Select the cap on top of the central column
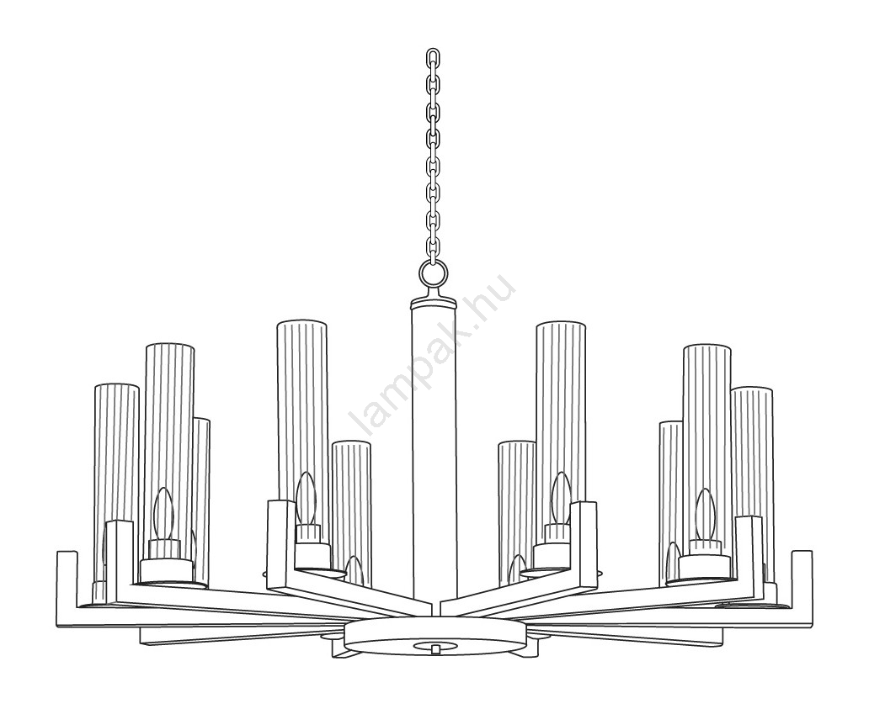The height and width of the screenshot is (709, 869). click(x=434, y=302)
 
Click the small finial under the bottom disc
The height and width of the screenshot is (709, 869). click(x=437, y=647)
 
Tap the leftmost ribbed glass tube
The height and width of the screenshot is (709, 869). click(x=116, y=482)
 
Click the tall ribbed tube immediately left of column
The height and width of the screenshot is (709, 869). click(x=302, y=421)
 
